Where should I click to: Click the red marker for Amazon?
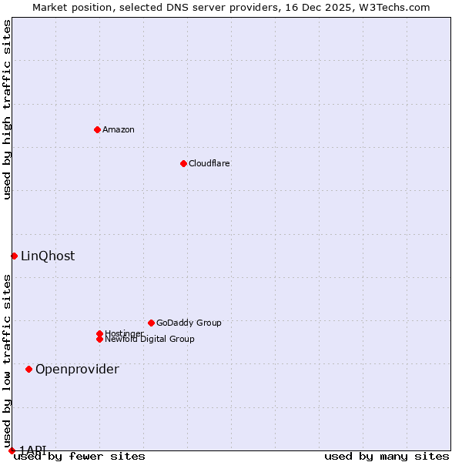[97, 129]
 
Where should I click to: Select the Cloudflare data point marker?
[183, 163]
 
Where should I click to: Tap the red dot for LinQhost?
[14, 256]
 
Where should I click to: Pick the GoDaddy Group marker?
[151, 323]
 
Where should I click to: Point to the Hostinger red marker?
[99, 333]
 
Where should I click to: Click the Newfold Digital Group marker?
[99, 339]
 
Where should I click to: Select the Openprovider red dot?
[28, 369]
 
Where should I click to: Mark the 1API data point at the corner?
[12, 450]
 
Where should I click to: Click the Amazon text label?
[119, 129]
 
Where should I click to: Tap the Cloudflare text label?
[209, 163]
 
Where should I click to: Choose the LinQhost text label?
[48, 256]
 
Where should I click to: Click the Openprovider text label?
[77, 369]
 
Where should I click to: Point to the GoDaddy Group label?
[189, 323]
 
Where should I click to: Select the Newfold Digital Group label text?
[150, 340]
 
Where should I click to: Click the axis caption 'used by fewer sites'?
[79, 457]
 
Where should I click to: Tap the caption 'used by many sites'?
[387, 457]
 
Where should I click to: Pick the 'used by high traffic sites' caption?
[7, 109]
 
